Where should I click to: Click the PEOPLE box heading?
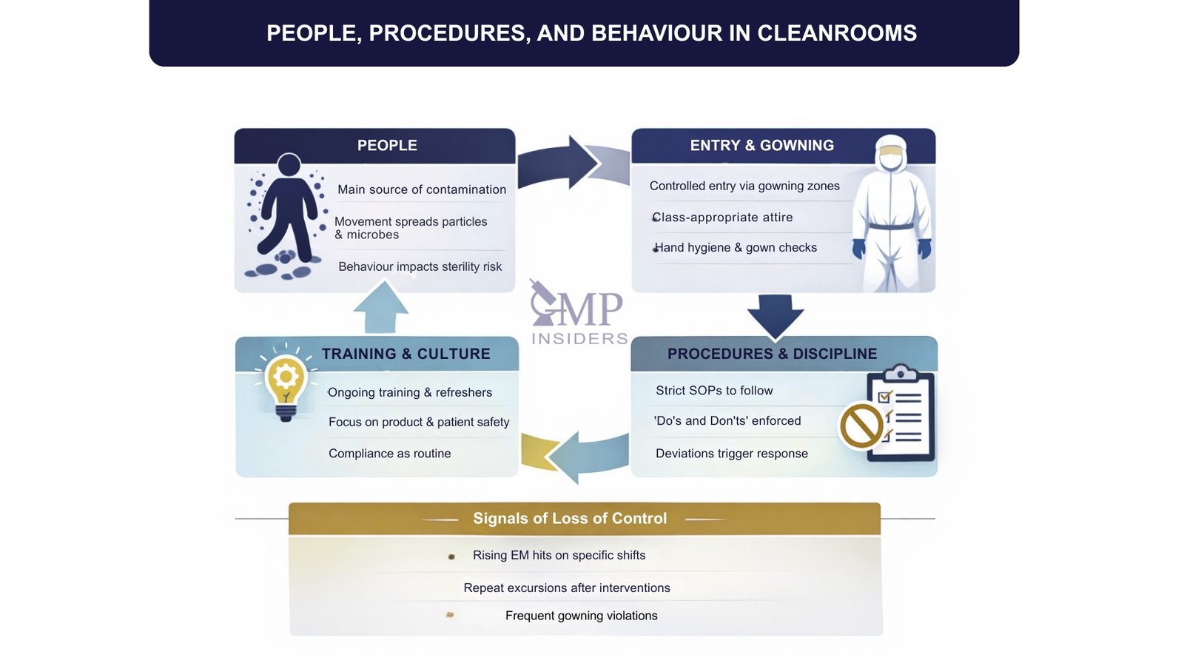pyautogui.click(x=387, y=146)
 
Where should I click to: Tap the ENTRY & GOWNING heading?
pyautogui.click(x=761, y=146)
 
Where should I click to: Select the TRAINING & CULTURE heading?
pyautogui.click(x=406, y=354)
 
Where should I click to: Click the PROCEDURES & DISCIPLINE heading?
pyautogui.click(x=772, y=354)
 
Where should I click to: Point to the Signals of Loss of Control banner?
pyautogui.click(x=570, y=519)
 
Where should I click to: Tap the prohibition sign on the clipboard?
pyautogui.click(x=861, y=425)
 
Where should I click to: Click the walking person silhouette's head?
pyautogui.click(x=289, y=165)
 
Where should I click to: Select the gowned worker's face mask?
pyautogui.click(x=891, y=160)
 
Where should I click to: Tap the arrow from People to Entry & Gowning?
pyautogui.click(x=562, y=163)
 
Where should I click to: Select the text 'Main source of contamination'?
pyautogui.click(x=422, y=189)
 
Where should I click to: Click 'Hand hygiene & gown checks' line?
pyautogui.click(x=735, y=248)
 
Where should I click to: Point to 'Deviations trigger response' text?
pyautogui.click(x=731, y=454)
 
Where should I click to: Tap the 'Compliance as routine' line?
pyautogui.click(x=389, y=454)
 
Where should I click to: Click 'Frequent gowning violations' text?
pyautogui.click(x=581, y=616)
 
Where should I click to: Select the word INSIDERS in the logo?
pyautogui.click(x=579, y=339)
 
